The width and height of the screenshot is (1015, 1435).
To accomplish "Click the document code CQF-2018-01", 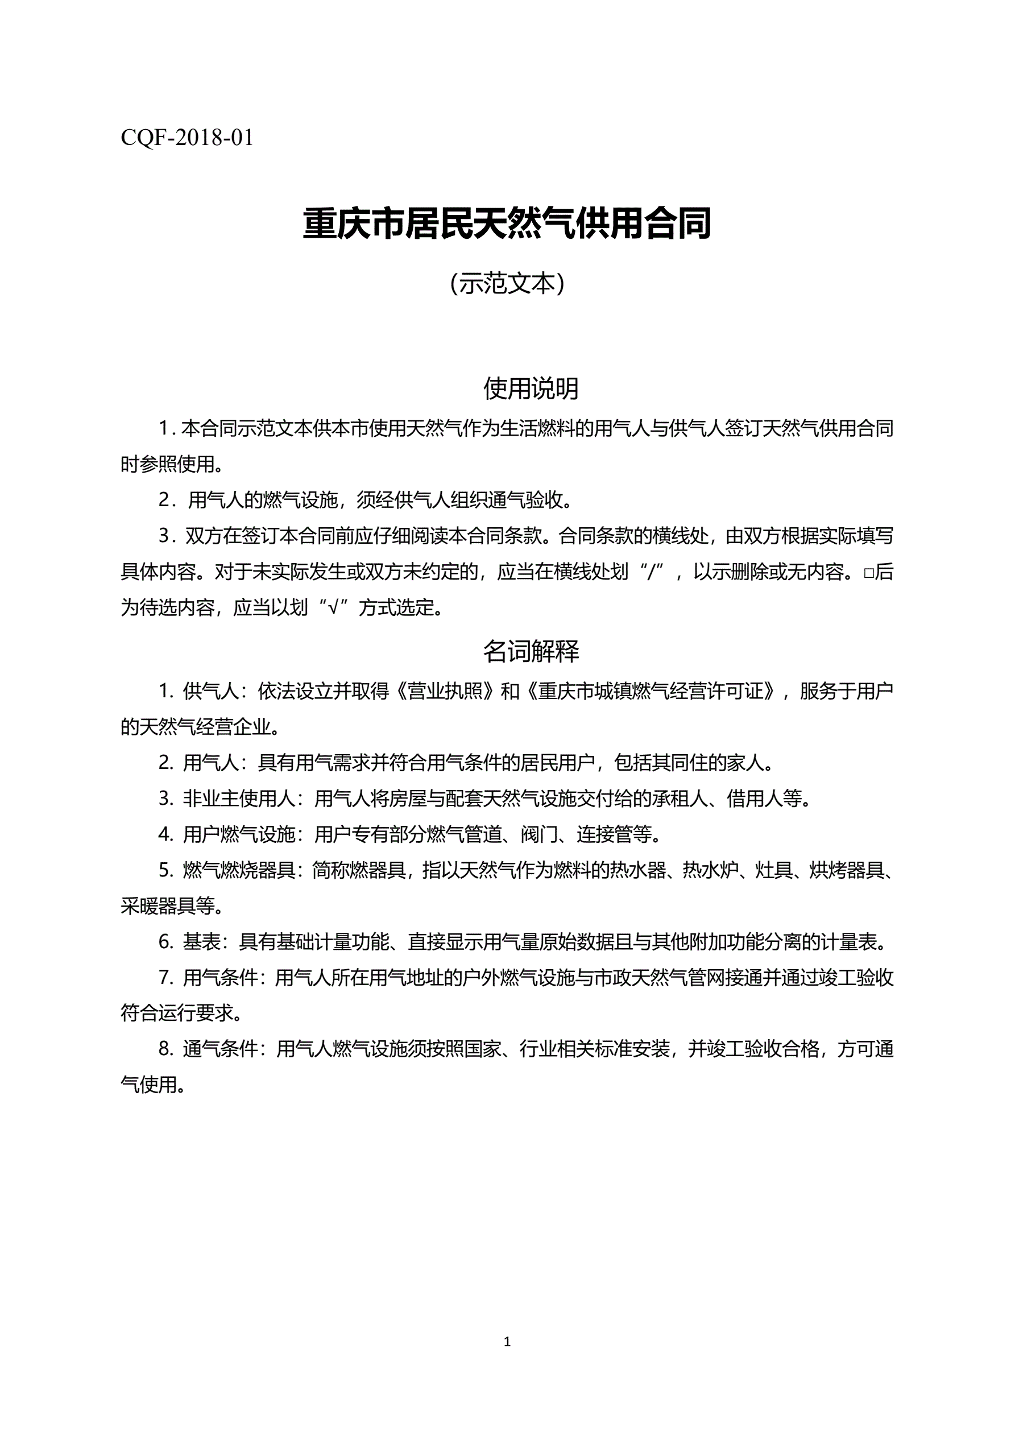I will (187, 138).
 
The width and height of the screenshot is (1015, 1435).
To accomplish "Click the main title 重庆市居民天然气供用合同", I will (507, 224).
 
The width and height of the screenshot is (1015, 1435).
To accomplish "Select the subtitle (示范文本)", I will (507, 284).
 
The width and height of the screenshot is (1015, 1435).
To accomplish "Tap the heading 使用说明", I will (531, 388).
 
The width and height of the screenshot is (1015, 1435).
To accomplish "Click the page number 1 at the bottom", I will (507, 1341).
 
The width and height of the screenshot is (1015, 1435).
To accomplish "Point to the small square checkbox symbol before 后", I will (868, 573).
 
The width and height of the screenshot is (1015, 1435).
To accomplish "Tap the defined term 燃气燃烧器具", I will (239, 870).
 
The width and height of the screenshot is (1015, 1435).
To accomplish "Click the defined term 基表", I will (201, 942).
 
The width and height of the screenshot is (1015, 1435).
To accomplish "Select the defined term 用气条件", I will (220, 978).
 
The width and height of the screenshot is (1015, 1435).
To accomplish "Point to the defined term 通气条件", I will (220, 1049).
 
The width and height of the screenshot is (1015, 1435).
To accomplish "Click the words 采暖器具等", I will (168, 906).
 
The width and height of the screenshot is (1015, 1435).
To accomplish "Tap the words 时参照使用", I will (168, 464).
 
